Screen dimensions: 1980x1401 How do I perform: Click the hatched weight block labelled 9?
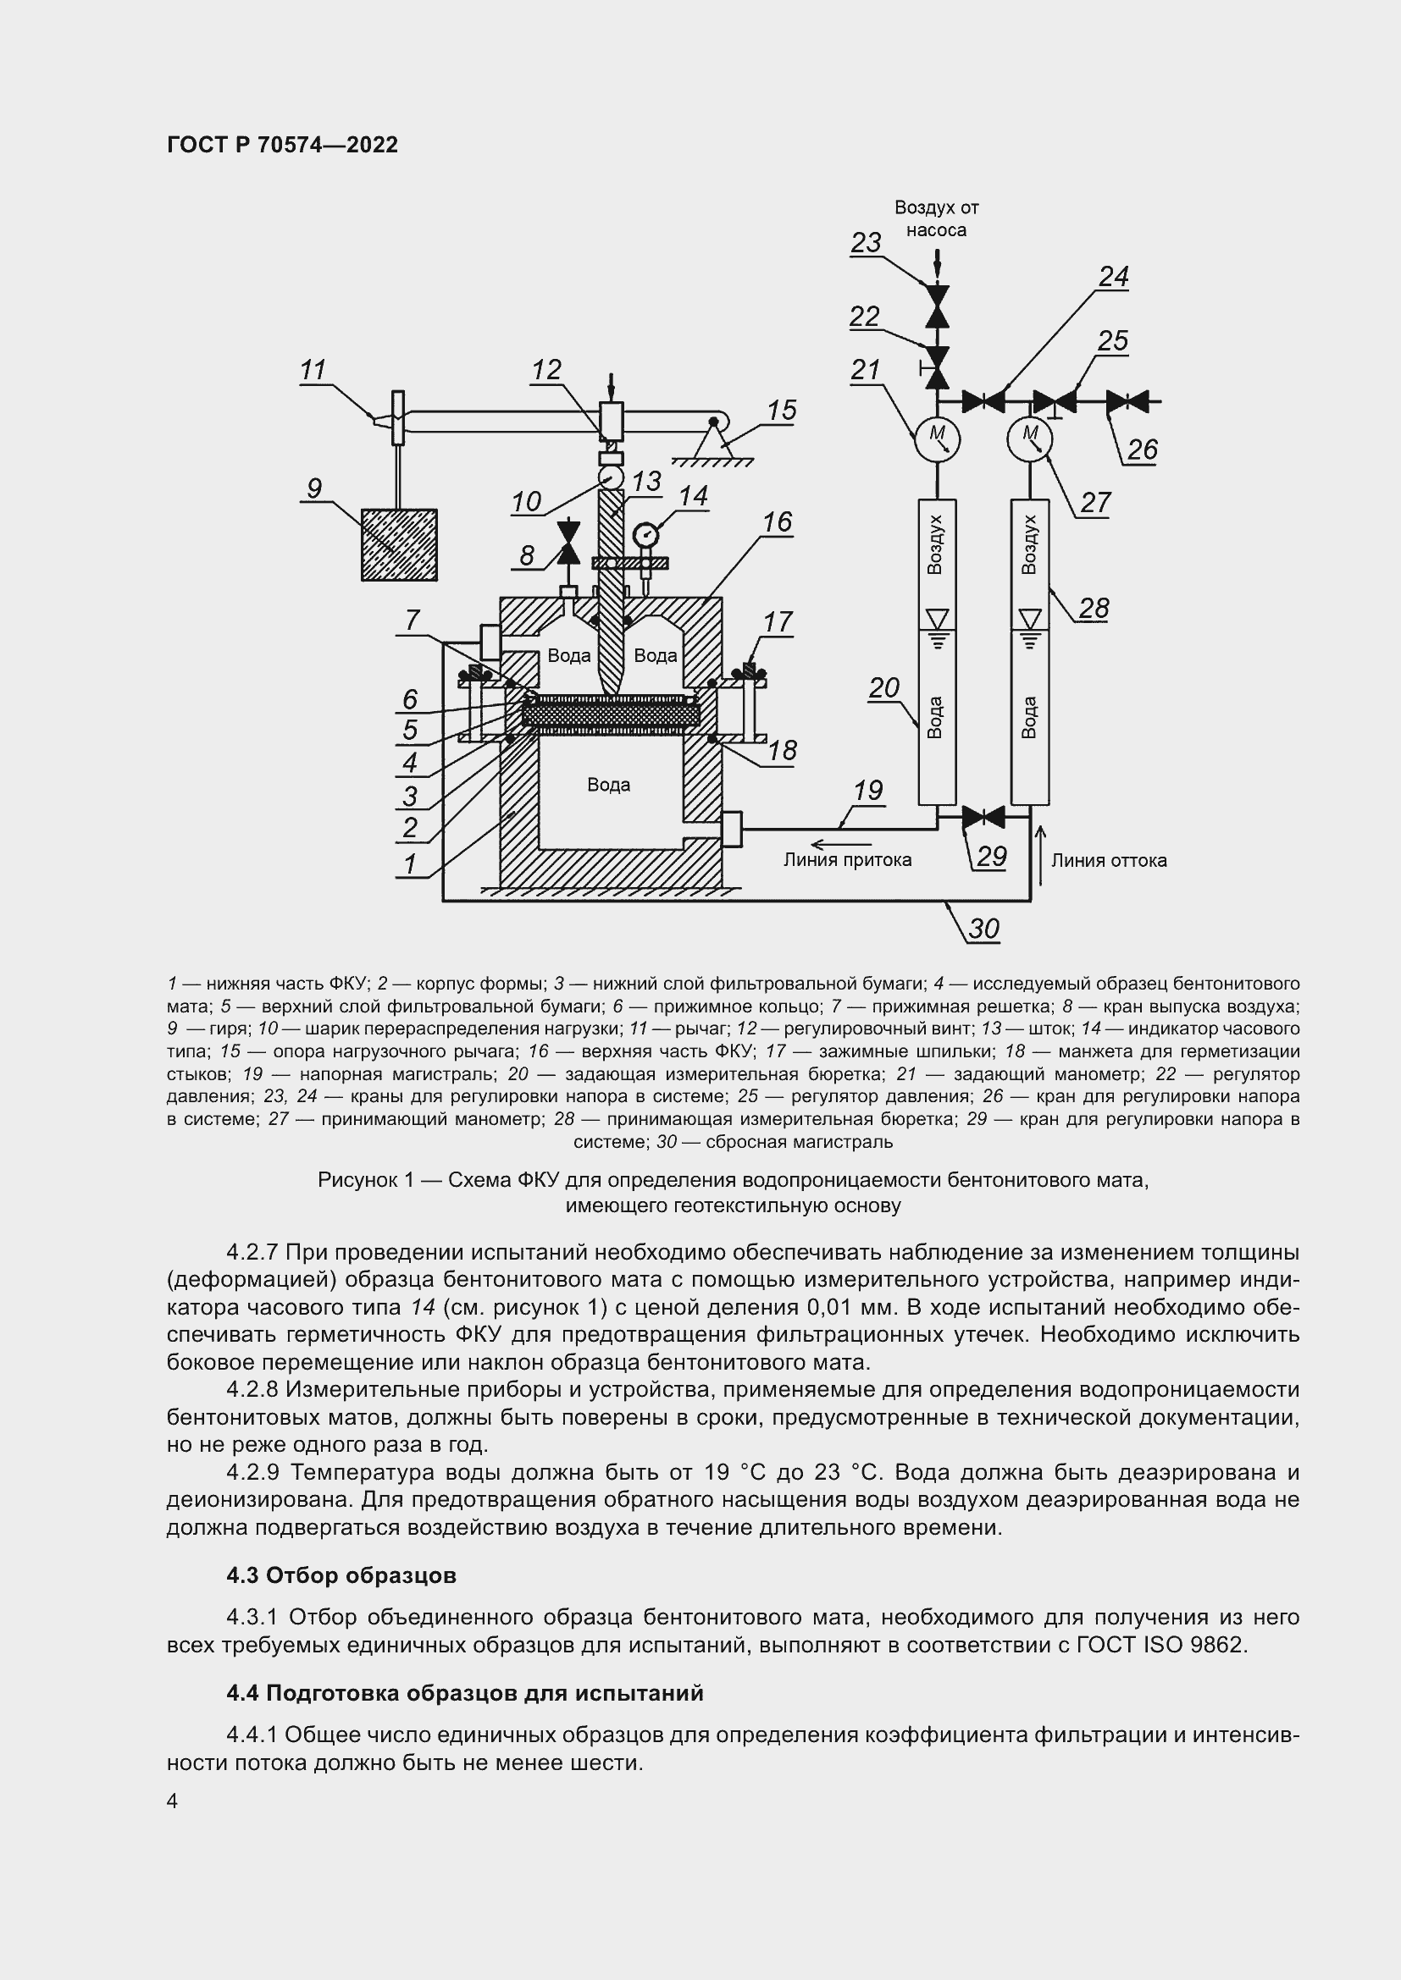click(x=399, y=544)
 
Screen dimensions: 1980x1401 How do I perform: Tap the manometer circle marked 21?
click(x=937, y=438)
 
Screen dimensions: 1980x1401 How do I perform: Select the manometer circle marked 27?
click(x=1030, y=438)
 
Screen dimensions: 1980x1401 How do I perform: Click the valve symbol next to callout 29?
click(x=983, y=816)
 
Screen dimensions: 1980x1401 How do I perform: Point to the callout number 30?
click(x=983, y=929)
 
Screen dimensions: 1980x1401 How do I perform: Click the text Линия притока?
click(x=847, y=860)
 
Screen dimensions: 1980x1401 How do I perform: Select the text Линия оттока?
click(x=1109, y=860)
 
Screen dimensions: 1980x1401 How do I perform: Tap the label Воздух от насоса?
click(x=936, y=218)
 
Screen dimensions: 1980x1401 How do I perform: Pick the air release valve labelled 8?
click(x=568, y=543)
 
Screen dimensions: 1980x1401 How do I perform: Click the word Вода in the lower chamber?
click(x=608, y=785)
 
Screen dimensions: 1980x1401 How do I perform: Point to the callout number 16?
click(x=778, y=521)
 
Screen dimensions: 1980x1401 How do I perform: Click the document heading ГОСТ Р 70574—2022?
click(x=282, y=145)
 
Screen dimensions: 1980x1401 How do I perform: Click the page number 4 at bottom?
click(x=172, y=1801)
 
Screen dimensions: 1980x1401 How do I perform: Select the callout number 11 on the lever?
click(x=313, y=370)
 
